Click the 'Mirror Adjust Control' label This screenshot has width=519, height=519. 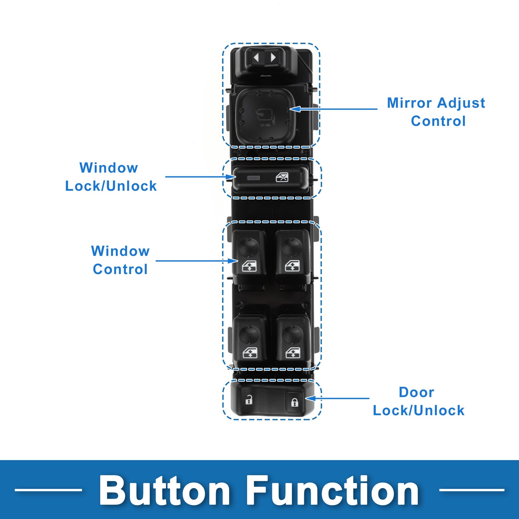[436, 112]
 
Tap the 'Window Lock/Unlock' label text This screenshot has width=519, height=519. [111, 177]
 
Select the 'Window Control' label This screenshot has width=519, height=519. [120, 260]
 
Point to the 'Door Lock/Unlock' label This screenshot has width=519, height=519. [418, 401]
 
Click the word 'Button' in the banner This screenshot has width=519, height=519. [164, 491]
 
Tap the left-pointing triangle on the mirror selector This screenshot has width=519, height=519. [256, 57]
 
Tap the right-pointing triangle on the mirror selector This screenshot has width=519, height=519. [273, 57]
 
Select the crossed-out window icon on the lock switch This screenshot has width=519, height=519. [282, 177]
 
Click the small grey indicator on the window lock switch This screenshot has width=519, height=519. [253, 177]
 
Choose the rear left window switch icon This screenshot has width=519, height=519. [250, 353]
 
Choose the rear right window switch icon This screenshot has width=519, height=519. [293, 353]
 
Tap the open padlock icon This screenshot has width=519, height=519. [249, 399]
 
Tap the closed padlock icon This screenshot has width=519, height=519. [295, 402]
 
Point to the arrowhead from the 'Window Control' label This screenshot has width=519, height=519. [232, 261]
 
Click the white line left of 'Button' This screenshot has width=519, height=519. [48, 490]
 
